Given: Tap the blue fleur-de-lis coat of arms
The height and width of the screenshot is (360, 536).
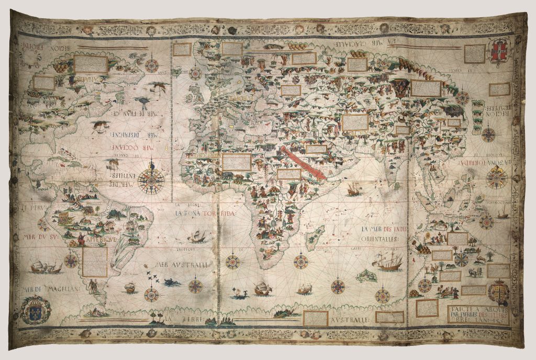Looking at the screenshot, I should click(x=35, y=309).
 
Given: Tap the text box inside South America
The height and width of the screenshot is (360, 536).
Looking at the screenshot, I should click(x=94, y=262).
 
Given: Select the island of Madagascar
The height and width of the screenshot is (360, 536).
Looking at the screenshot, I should click(x=316, y=237).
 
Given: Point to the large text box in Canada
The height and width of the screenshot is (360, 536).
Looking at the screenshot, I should click(x=90, y=64).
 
